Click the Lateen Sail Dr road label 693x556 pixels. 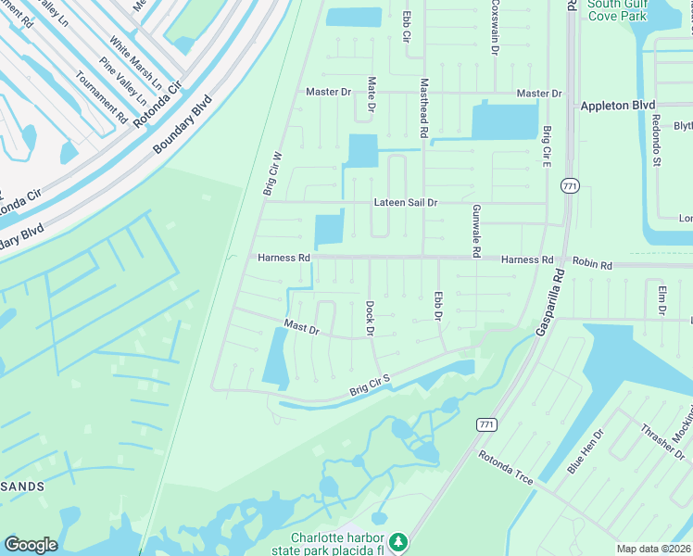pos(405,202)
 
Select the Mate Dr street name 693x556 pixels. pos(372,95)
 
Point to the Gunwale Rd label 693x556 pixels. pos(476,231)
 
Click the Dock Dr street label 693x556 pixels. pos(369,317)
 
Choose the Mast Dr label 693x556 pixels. pos(301,327)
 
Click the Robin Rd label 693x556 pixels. pos(592,265)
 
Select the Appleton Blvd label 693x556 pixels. pos(618,106)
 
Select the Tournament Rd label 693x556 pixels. pos(101,97)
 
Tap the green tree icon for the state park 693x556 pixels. pos(398,540)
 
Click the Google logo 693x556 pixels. pos(31,545)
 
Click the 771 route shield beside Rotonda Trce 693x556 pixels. pos(486,424)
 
